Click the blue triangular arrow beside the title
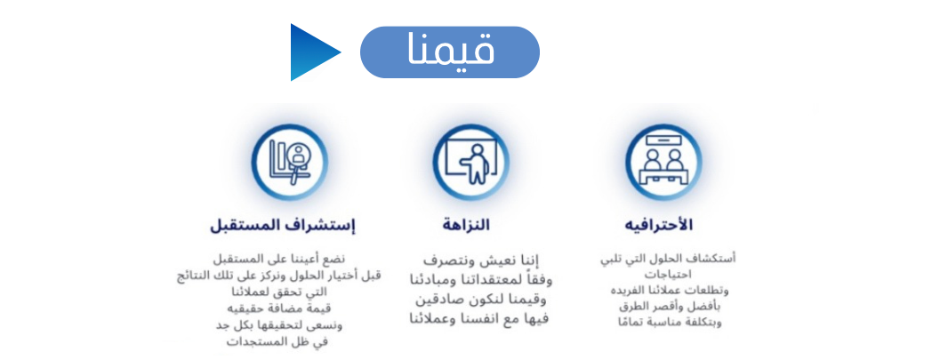[x=313, y=52]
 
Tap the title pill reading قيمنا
[x=449, y=52]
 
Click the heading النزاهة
[x=466, y=222]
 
